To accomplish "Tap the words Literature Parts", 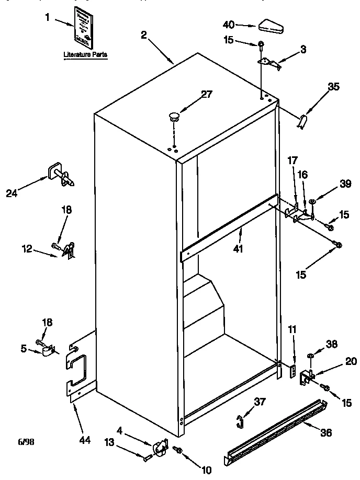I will (85, 54).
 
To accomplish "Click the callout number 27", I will (207, 94).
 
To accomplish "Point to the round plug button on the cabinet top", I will (175, 116).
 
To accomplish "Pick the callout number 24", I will (12, 193).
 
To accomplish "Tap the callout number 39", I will (345, 184).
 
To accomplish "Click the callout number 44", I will (84, 440).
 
